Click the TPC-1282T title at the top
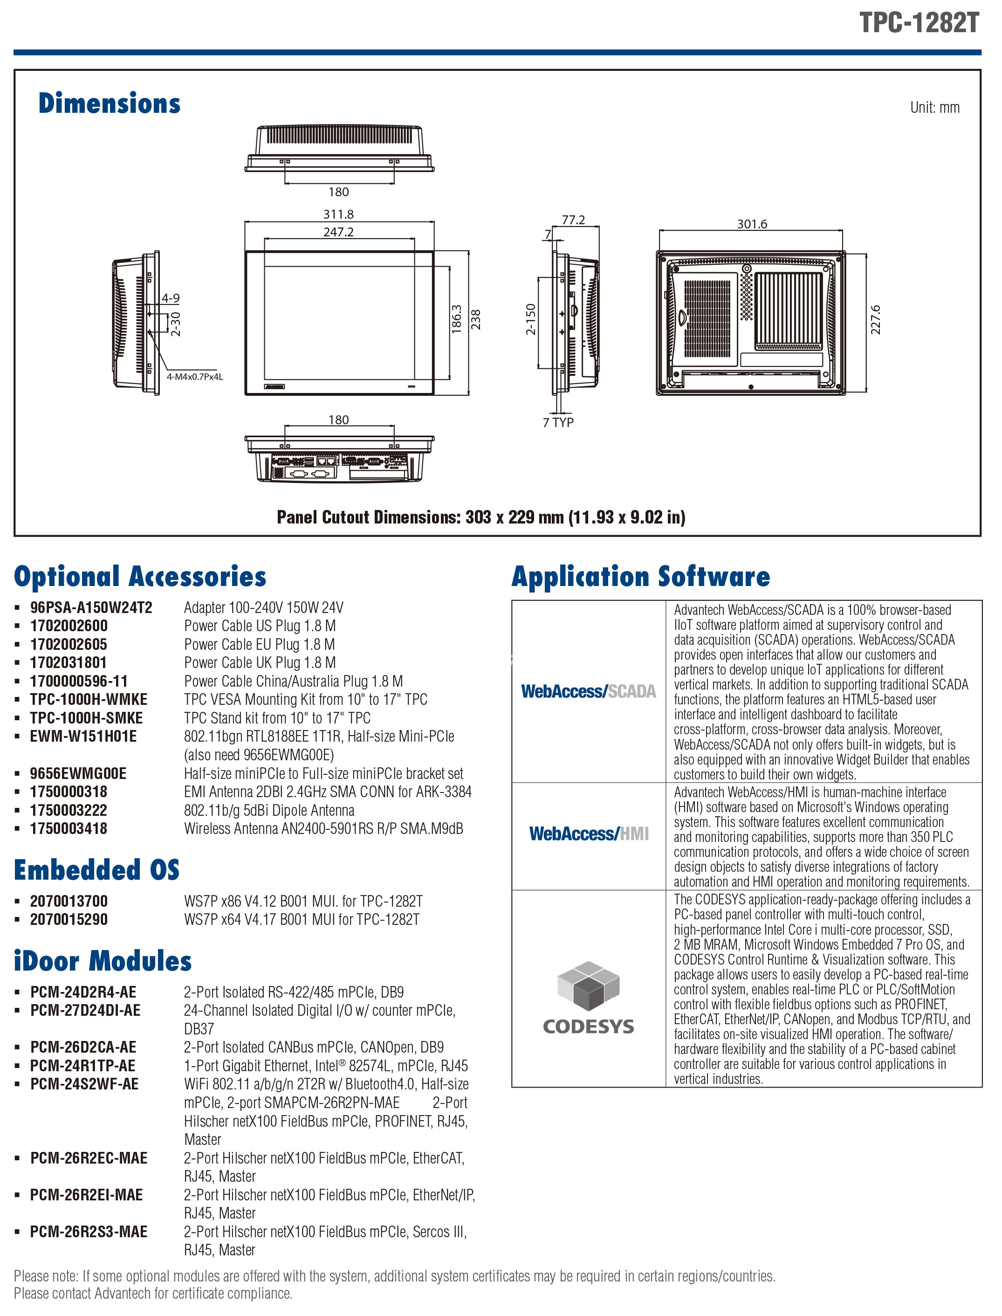(919, 23)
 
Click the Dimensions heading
(109, 103)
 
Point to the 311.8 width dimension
(338, 214)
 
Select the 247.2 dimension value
(338, 232)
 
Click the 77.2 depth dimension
(573, 220)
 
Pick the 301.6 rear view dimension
(752, 224)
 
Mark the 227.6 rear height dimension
(875, 319)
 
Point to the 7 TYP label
(558, 422)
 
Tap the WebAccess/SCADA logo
(588, 691)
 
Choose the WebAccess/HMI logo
(589, 834)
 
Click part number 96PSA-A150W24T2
(91, 607)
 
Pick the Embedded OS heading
(96, 870)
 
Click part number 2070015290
(69, 919)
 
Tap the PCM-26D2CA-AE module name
(83, 1047)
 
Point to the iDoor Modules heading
(103, 961)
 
